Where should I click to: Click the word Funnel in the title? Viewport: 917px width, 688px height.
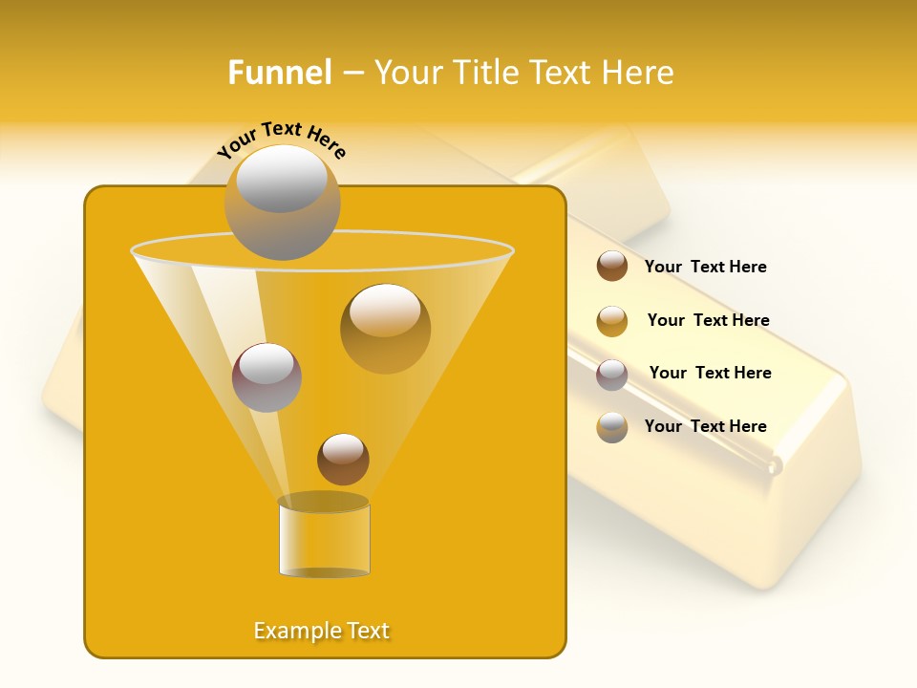pos(280,73)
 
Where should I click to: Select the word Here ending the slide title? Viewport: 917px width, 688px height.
pos(638,73)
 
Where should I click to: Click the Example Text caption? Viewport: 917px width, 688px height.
pos(322,631)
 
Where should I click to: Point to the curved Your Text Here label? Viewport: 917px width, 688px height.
pos(281,140)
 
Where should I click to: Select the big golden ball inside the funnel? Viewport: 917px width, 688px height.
pos(385,328)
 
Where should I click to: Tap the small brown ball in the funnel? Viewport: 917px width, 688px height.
pos(343,459)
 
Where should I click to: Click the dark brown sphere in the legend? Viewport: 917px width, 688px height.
pos(612,266)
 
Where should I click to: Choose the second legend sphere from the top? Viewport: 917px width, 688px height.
pos(612,321)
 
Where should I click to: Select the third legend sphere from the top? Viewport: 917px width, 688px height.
pos(612,375)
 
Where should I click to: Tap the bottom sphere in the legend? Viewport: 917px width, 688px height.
pos(612,427)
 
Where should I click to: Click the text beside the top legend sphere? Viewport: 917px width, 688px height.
pos(705,267)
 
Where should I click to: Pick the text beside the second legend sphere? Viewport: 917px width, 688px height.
pos(708,320)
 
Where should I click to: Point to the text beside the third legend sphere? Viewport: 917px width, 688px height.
pos(710,373)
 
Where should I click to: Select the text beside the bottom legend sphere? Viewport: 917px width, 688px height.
pos(705,426)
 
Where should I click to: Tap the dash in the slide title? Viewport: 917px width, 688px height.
pos(352,74)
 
